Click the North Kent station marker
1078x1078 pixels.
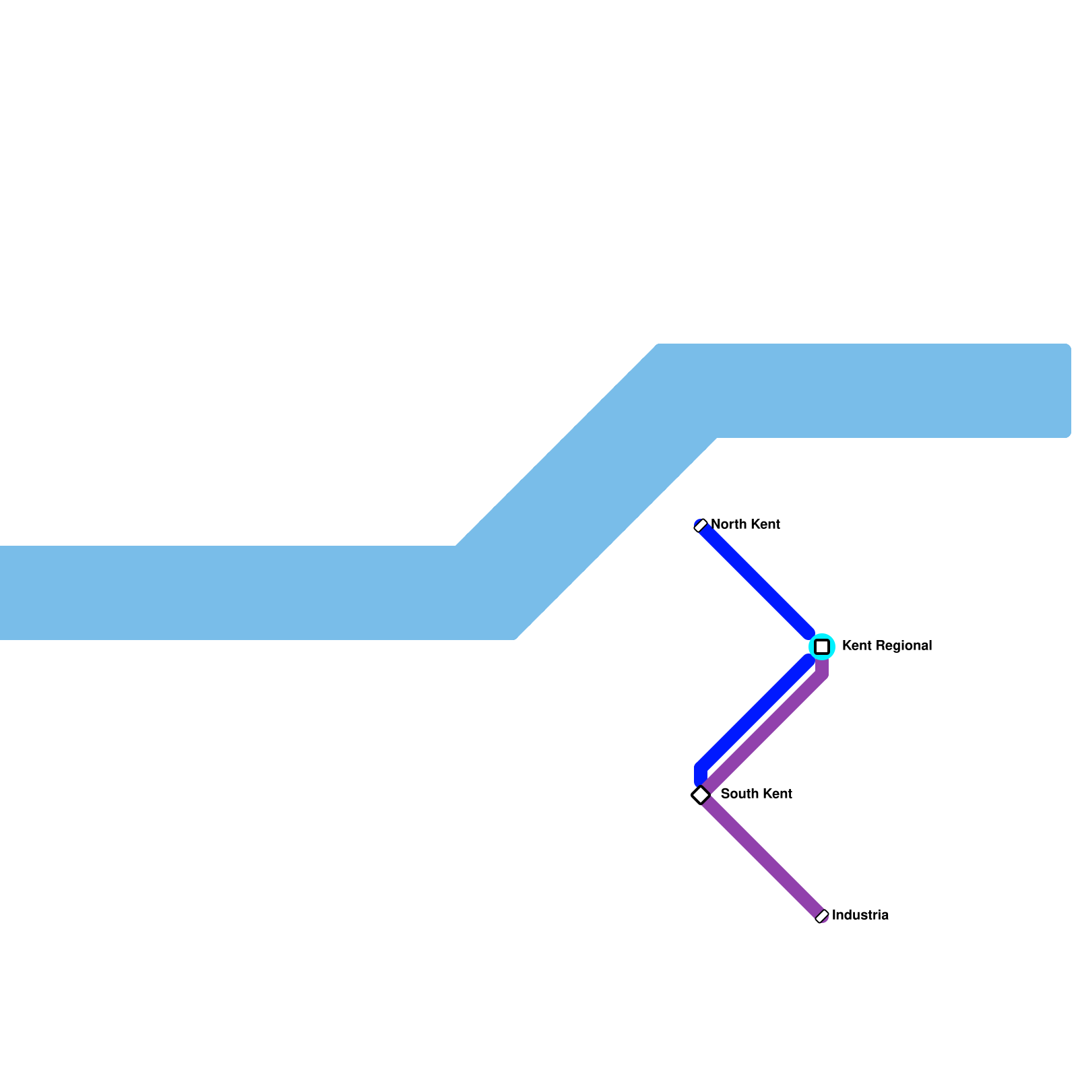(701, 526)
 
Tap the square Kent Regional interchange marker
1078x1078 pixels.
(822, 647)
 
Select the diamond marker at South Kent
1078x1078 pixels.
(701, 795)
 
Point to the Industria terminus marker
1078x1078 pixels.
(822, 916)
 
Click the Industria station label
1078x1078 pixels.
(860, 915)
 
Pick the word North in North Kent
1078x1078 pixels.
(726, 524)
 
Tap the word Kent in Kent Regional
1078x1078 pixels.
(857, 645)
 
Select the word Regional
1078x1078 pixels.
(903, 645)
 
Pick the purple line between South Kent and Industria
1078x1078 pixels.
(761, 856)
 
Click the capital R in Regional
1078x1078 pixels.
(881, 645)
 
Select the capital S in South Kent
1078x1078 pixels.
(725, 794)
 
